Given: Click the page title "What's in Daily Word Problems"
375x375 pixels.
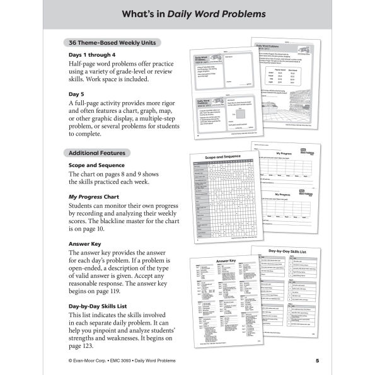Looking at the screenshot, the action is (x=187, y=14).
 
